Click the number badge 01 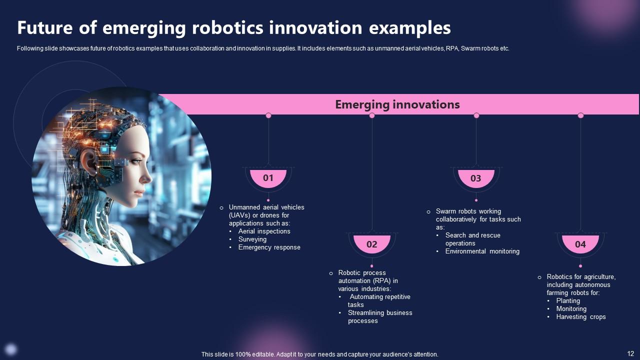(268, 178)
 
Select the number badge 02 (372, 244)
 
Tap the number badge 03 (476, 178)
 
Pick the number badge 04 (580, 244)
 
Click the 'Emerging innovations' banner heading (397, 104)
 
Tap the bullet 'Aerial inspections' (264, 231)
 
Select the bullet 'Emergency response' (269, 247)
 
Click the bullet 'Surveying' (252, 239)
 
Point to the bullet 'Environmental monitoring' (482, 251)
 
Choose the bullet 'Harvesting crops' (580, 317)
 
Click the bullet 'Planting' (568, 301)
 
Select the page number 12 (630, 352)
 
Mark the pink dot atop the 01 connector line (268, 115)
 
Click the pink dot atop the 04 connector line (580, 115)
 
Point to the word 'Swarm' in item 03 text (445, 211)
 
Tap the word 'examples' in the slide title (409, 28)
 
